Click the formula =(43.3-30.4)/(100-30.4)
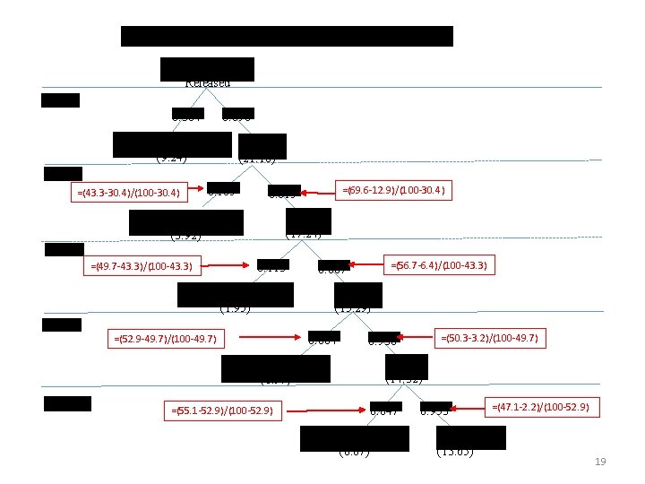pyautogui.click(x=126, y=192)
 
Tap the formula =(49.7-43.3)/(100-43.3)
pyautogui.click(x=143, y=265)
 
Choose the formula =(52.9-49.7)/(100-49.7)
pyautogui.click(x=167, y=339)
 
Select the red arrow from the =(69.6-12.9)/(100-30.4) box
pyautogui.click(x=318, y=191)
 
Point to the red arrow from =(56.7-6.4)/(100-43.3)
pyautogui.click(x=367, y=265)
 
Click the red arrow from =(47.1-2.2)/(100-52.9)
pyautogui.click(x=469, y=408)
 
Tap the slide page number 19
pyautogui.click(x=600, y=462)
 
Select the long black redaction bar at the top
pyautogui.click(x=287, y=36)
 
